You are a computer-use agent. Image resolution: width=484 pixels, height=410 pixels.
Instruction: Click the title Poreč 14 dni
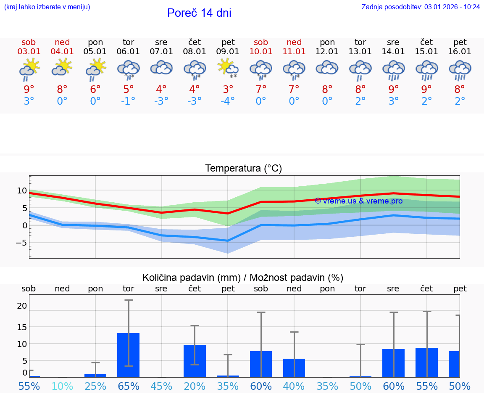coord(199,13)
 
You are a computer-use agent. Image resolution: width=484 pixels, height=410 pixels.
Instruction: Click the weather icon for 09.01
coord(228,69)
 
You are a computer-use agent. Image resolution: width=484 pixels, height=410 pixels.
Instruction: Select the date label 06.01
coord(128,52)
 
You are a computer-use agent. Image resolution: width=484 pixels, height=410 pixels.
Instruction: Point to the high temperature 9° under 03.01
coord(29,89)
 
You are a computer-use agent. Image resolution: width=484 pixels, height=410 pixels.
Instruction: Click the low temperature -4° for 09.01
coord(228,101)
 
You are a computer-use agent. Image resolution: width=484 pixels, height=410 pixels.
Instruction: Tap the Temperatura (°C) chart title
coord(243,169)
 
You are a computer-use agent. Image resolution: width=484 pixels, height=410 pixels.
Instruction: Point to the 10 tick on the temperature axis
coord(22,190)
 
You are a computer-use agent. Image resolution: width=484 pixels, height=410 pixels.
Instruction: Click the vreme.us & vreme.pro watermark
coord(358,201)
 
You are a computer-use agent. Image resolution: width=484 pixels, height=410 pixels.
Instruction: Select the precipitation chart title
coord(243,278)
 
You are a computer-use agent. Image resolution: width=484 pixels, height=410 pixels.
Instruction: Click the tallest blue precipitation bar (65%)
coord(128,355)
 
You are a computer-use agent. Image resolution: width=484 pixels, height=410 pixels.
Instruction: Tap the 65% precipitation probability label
coord(128,386)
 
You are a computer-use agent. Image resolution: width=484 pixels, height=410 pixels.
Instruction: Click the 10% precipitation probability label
coord(62,386)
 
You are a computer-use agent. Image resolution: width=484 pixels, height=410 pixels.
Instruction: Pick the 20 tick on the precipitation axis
coord(22,306)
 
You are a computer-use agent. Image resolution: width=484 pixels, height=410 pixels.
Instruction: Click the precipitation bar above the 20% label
coord(195,361)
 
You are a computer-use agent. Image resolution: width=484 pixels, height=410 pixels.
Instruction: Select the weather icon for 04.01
coord(62,67)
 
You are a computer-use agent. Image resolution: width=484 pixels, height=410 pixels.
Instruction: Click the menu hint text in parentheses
coord(47,7)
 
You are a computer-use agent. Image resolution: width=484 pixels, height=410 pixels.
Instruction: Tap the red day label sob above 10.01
coord(261,42)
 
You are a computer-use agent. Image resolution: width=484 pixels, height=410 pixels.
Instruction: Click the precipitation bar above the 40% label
coord(294,368)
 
